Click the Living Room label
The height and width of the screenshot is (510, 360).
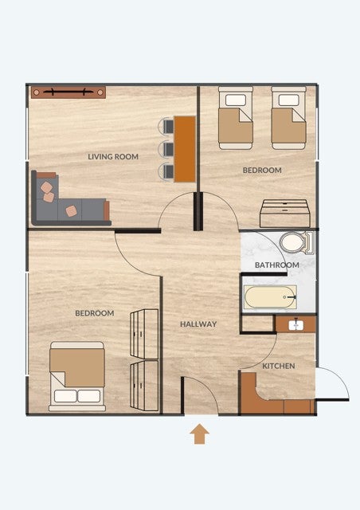(x=113, y=156)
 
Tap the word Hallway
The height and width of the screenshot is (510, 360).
(x=198, y=324)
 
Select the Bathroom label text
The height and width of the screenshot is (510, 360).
(x=276, y=265)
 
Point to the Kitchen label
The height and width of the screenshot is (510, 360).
(x=279, y=366)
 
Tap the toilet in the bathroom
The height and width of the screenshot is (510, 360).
(x=297, y=242)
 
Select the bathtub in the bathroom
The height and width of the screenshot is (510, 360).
(x=270, y=297)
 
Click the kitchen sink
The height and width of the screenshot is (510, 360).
(x=296, y=324)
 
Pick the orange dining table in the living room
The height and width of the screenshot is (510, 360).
(x=185, y=149)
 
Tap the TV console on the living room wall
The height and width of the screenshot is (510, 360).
(x=68, y=92)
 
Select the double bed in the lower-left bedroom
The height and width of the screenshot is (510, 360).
(x=77, y=376)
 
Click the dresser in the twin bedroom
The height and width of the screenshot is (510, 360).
(x=285, y=214)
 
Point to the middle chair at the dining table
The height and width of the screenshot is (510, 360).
(x=166, y=149)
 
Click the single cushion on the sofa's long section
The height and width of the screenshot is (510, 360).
(x=71, y=211)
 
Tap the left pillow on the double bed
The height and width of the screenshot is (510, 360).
(x=65, y=396)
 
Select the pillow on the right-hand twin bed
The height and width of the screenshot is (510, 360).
(x=289, y=100)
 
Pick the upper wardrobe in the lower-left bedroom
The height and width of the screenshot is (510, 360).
(x=144, y=334)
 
